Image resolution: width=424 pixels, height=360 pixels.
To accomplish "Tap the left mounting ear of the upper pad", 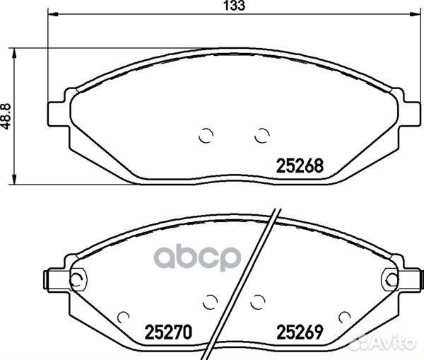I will (x=57, y=114).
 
